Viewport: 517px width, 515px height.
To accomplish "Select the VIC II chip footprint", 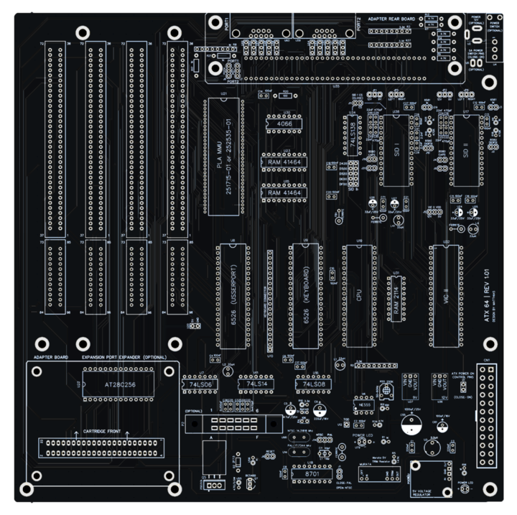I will click(446, 294).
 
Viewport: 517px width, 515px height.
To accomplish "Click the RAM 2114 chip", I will click(396, 296).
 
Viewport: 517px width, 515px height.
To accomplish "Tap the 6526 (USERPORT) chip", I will click(231, 294).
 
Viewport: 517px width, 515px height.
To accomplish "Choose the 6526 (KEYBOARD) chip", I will click(304, 294).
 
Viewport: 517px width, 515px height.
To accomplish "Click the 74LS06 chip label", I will click(199, 386).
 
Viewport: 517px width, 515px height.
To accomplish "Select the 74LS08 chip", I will click(314, 386).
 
